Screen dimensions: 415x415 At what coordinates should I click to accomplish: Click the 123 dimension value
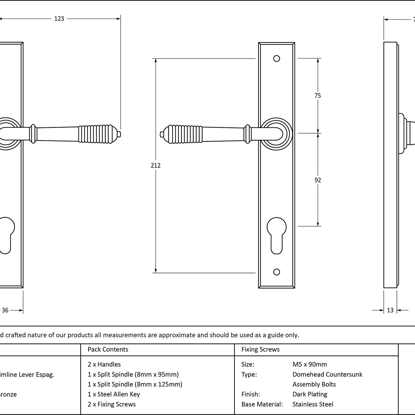pos(59,19)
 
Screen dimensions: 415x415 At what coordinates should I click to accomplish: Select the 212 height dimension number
pos(156,165)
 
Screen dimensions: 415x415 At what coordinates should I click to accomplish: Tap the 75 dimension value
pos(318,95)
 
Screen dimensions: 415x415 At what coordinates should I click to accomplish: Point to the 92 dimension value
pos(318,180)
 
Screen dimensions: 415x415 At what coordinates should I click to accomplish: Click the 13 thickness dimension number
pos(390,310)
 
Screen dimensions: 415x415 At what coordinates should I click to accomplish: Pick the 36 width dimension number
pos(5,310)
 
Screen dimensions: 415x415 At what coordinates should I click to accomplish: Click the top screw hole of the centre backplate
pos(277,59)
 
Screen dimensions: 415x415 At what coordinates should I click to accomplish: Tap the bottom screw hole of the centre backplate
pos(277,272)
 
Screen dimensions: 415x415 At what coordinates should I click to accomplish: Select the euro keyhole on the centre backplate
pos(277,235)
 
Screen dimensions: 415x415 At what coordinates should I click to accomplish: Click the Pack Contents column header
pos(108,349)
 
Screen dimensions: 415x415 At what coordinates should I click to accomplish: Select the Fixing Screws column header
pos(260,349)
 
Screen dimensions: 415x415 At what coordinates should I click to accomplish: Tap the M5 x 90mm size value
pos(310,364)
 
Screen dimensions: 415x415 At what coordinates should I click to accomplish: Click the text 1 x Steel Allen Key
pos(114,394)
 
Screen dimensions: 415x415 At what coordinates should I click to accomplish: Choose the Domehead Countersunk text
pos(327,374)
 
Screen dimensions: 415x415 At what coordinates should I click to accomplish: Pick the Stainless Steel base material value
pos(313,404)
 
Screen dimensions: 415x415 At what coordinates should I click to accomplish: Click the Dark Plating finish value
pos(310,394)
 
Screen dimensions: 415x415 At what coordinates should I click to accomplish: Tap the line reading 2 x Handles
pos(104,364)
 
